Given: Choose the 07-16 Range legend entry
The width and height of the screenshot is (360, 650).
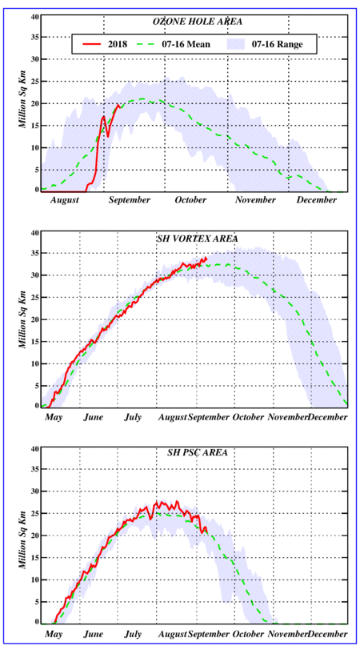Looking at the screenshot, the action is tap(266, 44).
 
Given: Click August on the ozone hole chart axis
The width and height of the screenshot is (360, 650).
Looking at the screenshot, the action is tap(65, 201).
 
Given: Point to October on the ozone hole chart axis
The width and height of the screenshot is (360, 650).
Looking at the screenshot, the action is tap(190, 200).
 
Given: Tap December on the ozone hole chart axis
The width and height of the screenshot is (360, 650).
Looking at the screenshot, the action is tap(317, 200).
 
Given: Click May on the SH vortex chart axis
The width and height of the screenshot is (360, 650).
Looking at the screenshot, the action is tap(54, 417).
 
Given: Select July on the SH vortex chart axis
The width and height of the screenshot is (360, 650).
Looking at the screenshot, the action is tap(133, 417).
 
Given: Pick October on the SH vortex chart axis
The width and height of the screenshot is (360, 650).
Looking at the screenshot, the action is tap(248, 417).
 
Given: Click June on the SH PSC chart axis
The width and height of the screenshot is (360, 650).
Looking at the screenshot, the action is tap(94, 635).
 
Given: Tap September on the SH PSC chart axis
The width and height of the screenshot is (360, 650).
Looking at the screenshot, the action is tap(208, 635).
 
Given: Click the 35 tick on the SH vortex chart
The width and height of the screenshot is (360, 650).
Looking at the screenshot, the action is tap(34, 253).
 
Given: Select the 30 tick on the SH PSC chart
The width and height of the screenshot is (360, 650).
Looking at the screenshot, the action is tap(34, 492).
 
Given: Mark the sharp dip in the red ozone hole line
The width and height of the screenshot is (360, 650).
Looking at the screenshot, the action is tap(108, 135).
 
